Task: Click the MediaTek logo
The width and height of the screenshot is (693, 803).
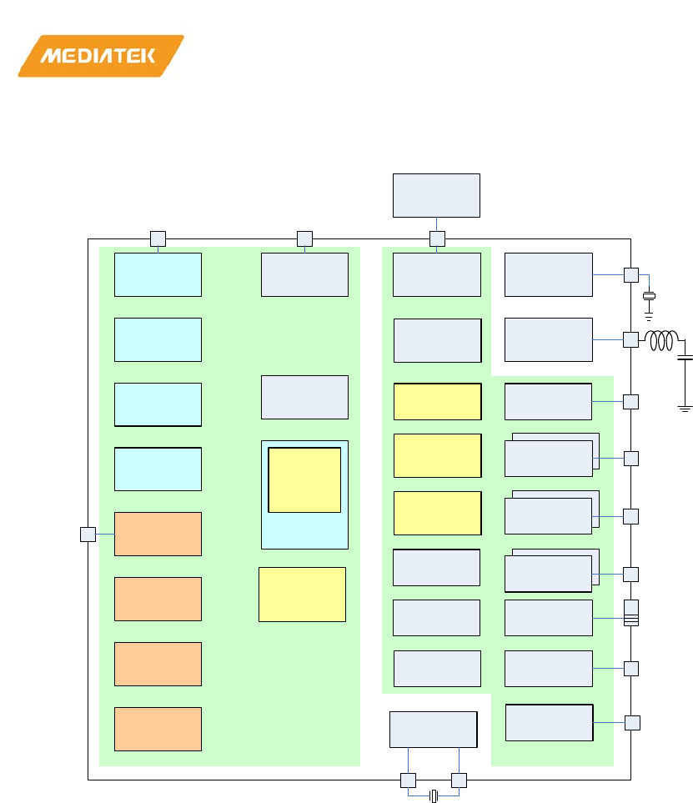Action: click(x=100, y=56)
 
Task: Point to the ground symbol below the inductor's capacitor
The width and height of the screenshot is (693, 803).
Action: click(x=685, y=408)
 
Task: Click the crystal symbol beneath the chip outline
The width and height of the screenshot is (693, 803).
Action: click(x=434, y=797)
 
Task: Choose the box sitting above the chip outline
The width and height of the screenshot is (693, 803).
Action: click(x=436, y=195)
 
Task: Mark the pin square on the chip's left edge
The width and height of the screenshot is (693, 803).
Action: click(x=88, y=534)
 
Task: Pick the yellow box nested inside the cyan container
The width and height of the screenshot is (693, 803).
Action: click(x=304, y=479)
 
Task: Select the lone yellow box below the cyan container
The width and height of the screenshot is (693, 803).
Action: click(x=302, y=594)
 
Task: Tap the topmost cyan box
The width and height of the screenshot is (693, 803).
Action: click(x=158, y=274)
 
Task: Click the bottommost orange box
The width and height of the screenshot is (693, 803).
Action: click(x=158, y=729)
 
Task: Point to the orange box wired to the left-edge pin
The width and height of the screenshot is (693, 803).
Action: click(x=158, y=534)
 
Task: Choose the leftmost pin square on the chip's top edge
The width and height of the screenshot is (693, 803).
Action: click(x=158, y=238)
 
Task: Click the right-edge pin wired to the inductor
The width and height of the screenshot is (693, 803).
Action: click(x=630, y=339)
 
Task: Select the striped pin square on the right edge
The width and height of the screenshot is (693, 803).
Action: click(x=630, y=613)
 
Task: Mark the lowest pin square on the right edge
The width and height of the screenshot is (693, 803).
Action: click(x=632, y=722)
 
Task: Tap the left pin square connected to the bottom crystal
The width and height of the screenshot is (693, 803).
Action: click(x=408, y=780)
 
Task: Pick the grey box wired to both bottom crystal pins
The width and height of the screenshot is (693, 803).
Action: click(x=433, y=730)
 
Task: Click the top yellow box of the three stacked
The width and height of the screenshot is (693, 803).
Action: click(x=437, y=401)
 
